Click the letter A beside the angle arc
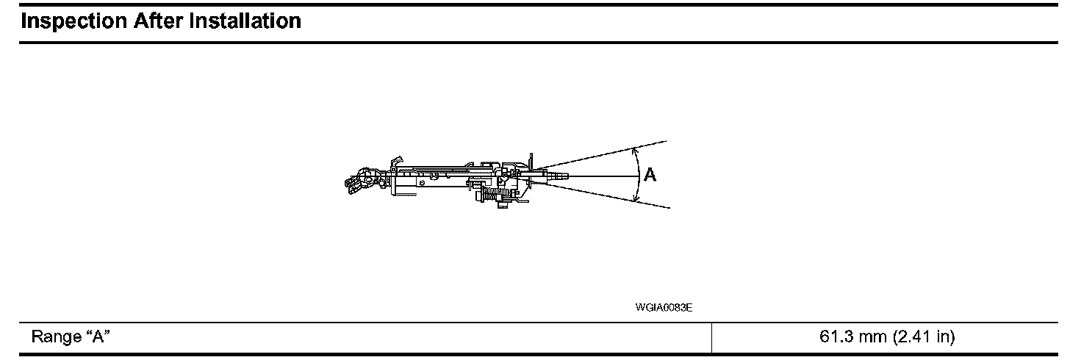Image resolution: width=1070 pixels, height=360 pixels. point(650,176)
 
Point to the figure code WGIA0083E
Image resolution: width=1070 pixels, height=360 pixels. point(664,308)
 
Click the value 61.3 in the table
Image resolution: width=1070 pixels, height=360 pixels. point(834,337)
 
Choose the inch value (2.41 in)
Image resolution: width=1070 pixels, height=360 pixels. point(923,337)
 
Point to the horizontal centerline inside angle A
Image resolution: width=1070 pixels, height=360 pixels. point(603,176)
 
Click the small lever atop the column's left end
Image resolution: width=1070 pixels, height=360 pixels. point(397,160)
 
